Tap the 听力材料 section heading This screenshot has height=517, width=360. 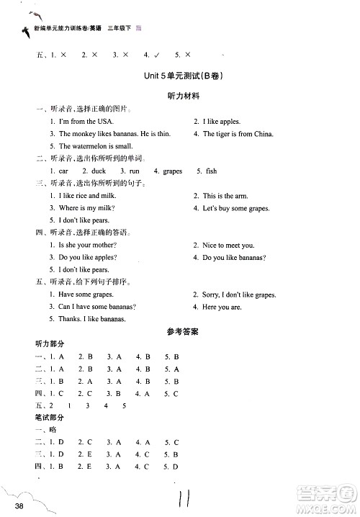click(x=181, y=96)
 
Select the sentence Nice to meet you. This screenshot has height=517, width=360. click(x=228, y=246)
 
